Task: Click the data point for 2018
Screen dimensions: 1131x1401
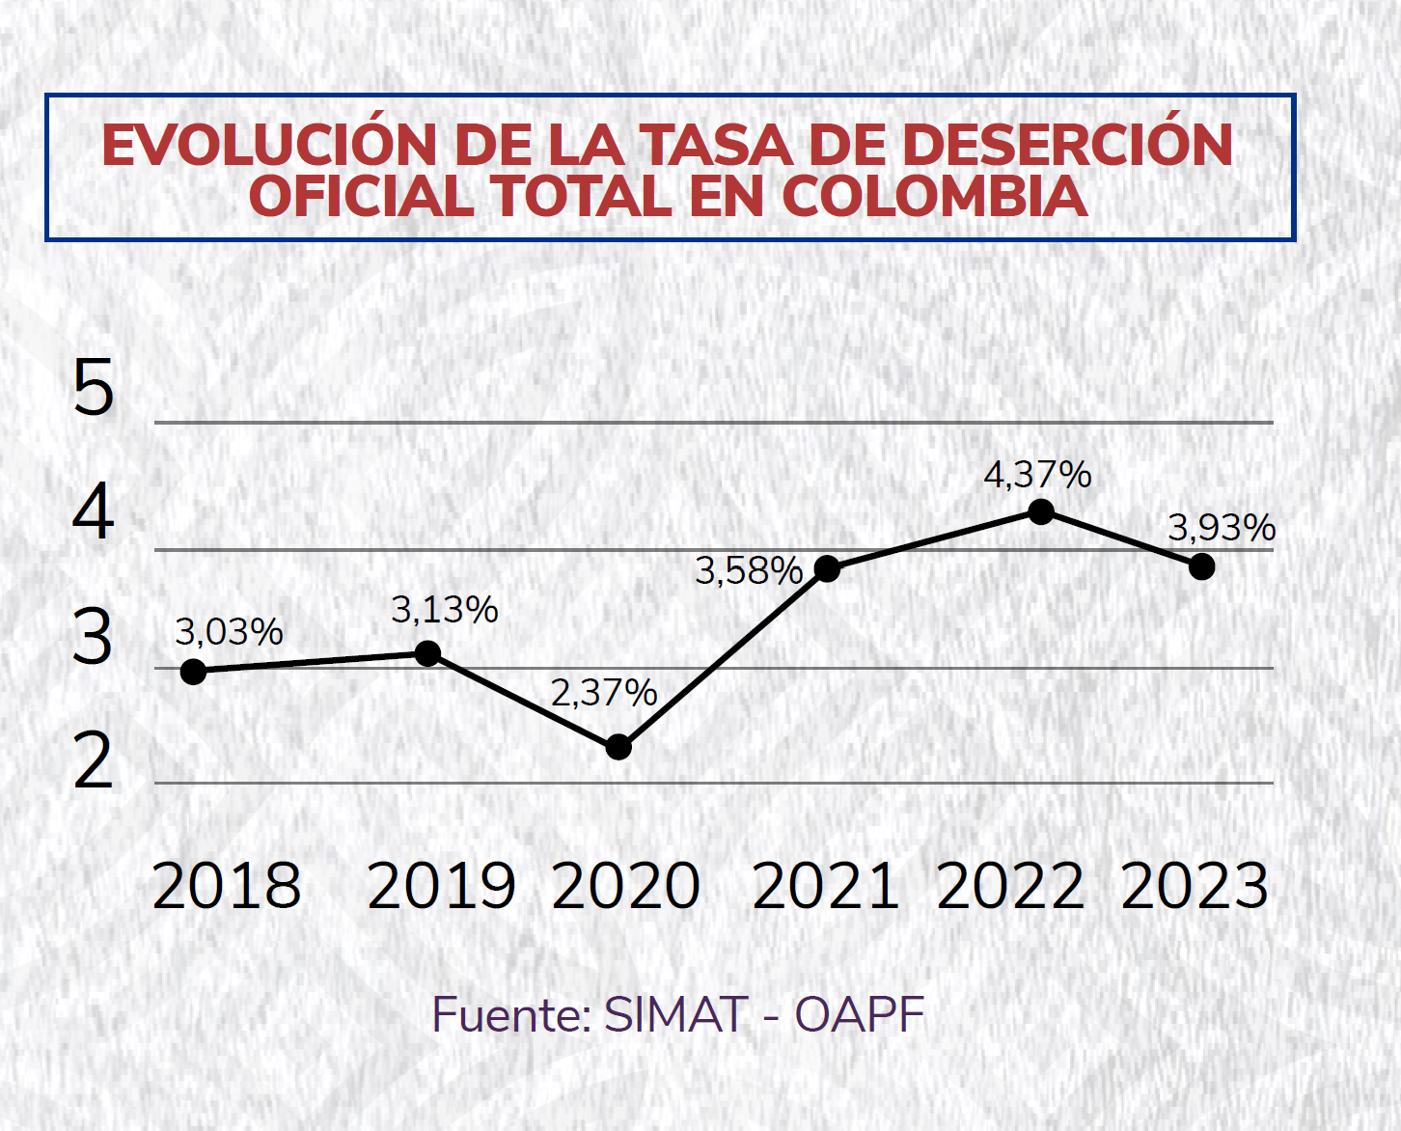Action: [193, 672]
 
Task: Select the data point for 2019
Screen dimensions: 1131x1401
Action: [428, 653]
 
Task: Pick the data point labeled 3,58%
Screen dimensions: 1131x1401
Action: [827, 568]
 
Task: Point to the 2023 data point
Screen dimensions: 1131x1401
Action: [1201, 566]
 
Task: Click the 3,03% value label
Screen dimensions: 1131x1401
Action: [229, 632]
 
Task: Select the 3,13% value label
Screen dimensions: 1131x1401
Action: [445, 610]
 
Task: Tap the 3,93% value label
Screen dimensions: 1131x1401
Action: [1222, 528]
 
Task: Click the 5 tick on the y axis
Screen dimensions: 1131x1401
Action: [94, 388]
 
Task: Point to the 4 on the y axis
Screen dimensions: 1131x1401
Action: [94, 512]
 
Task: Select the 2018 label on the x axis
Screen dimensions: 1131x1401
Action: [227, 886]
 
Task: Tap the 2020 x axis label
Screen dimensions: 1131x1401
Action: [626, 886]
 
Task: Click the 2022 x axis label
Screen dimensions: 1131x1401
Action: [1010, 886]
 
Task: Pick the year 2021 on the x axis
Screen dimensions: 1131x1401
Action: [826, 886]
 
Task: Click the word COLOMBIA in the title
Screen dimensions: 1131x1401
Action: [934, 196]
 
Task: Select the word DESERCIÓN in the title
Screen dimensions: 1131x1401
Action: [1066, 145]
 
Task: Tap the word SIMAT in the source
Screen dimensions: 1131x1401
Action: [675, 1015]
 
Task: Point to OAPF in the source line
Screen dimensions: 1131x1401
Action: [859, 1015]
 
